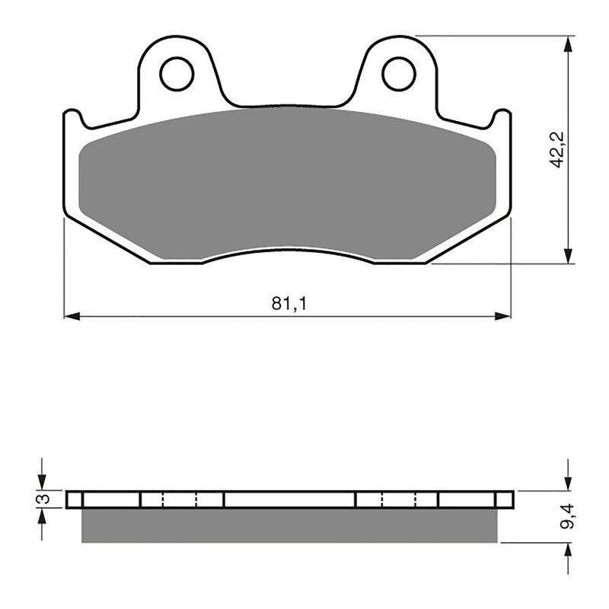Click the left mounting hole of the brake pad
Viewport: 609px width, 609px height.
tap(177, 74)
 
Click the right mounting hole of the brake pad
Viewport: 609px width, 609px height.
tap(398, 74)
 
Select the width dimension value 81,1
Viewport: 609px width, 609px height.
tap(289, 304)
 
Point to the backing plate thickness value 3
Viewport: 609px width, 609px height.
tap(45, 499)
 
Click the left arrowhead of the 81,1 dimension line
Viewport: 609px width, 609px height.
tap(72, 315)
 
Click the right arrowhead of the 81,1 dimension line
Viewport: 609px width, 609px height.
tap(503, 315)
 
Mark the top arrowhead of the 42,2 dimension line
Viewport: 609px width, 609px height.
tap(567, 43)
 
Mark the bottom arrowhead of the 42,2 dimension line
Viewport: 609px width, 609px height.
tap(567, 257)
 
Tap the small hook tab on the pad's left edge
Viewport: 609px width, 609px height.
tap(72, 118)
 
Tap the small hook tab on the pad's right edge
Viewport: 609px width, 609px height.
tap(502, 117)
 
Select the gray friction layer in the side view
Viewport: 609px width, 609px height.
tap(289, 525)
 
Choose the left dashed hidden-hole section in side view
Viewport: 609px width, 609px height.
tap(180, 499)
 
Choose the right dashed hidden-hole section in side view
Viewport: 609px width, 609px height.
tap(398, 499)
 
